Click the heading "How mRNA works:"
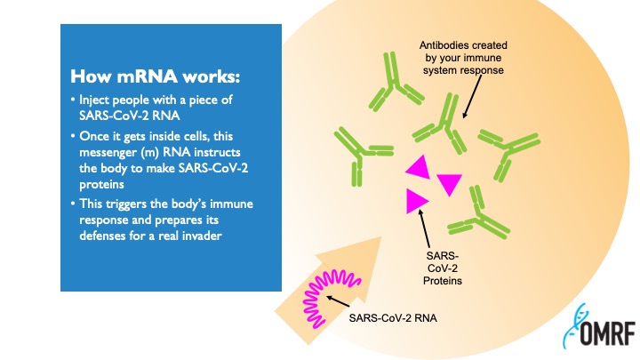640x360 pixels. tap(155, 76)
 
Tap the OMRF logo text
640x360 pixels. tap(607, 333)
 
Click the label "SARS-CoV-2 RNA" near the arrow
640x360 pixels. tap(393, 318)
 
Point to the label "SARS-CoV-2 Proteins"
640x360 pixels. tap(443, 268)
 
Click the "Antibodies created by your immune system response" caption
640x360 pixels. tap(463, 58)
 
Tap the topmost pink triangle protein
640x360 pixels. tap(419, 167)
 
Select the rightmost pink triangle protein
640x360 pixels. tap(450, 184)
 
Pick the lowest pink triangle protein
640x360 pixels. tap(415, 201)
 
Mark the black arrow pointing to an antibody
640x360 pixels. tap(472, 96)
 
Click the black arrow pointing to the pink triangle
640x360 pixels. tap(424, 228)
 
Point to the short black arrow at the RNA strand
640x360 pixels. tap(338, 301)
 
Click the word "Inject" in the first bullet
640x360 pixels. tap(94, 100)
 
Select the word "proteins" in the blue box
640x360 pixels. tap(101, 185)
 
